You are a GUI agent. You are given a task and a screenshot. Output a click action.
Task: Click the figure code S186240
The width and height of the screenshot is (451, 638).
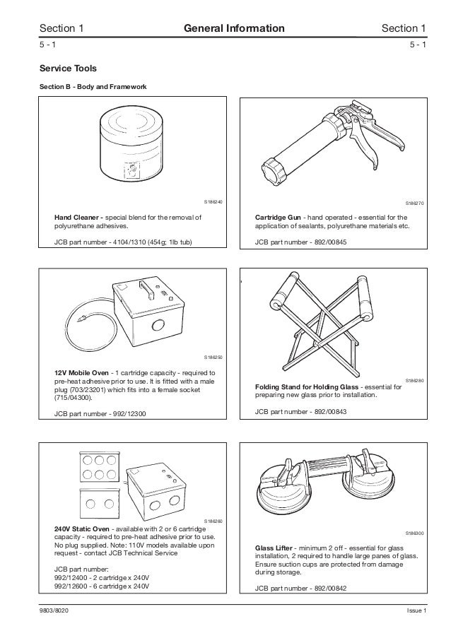click(213, 203)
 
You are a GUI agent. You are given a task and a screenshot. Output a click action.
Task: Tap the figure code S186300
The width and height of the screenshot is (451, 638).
click(414, 533)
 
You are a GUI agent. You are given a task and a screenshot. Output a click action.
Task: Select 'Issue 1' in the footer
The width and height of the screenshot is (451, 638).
click(416, 611)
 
